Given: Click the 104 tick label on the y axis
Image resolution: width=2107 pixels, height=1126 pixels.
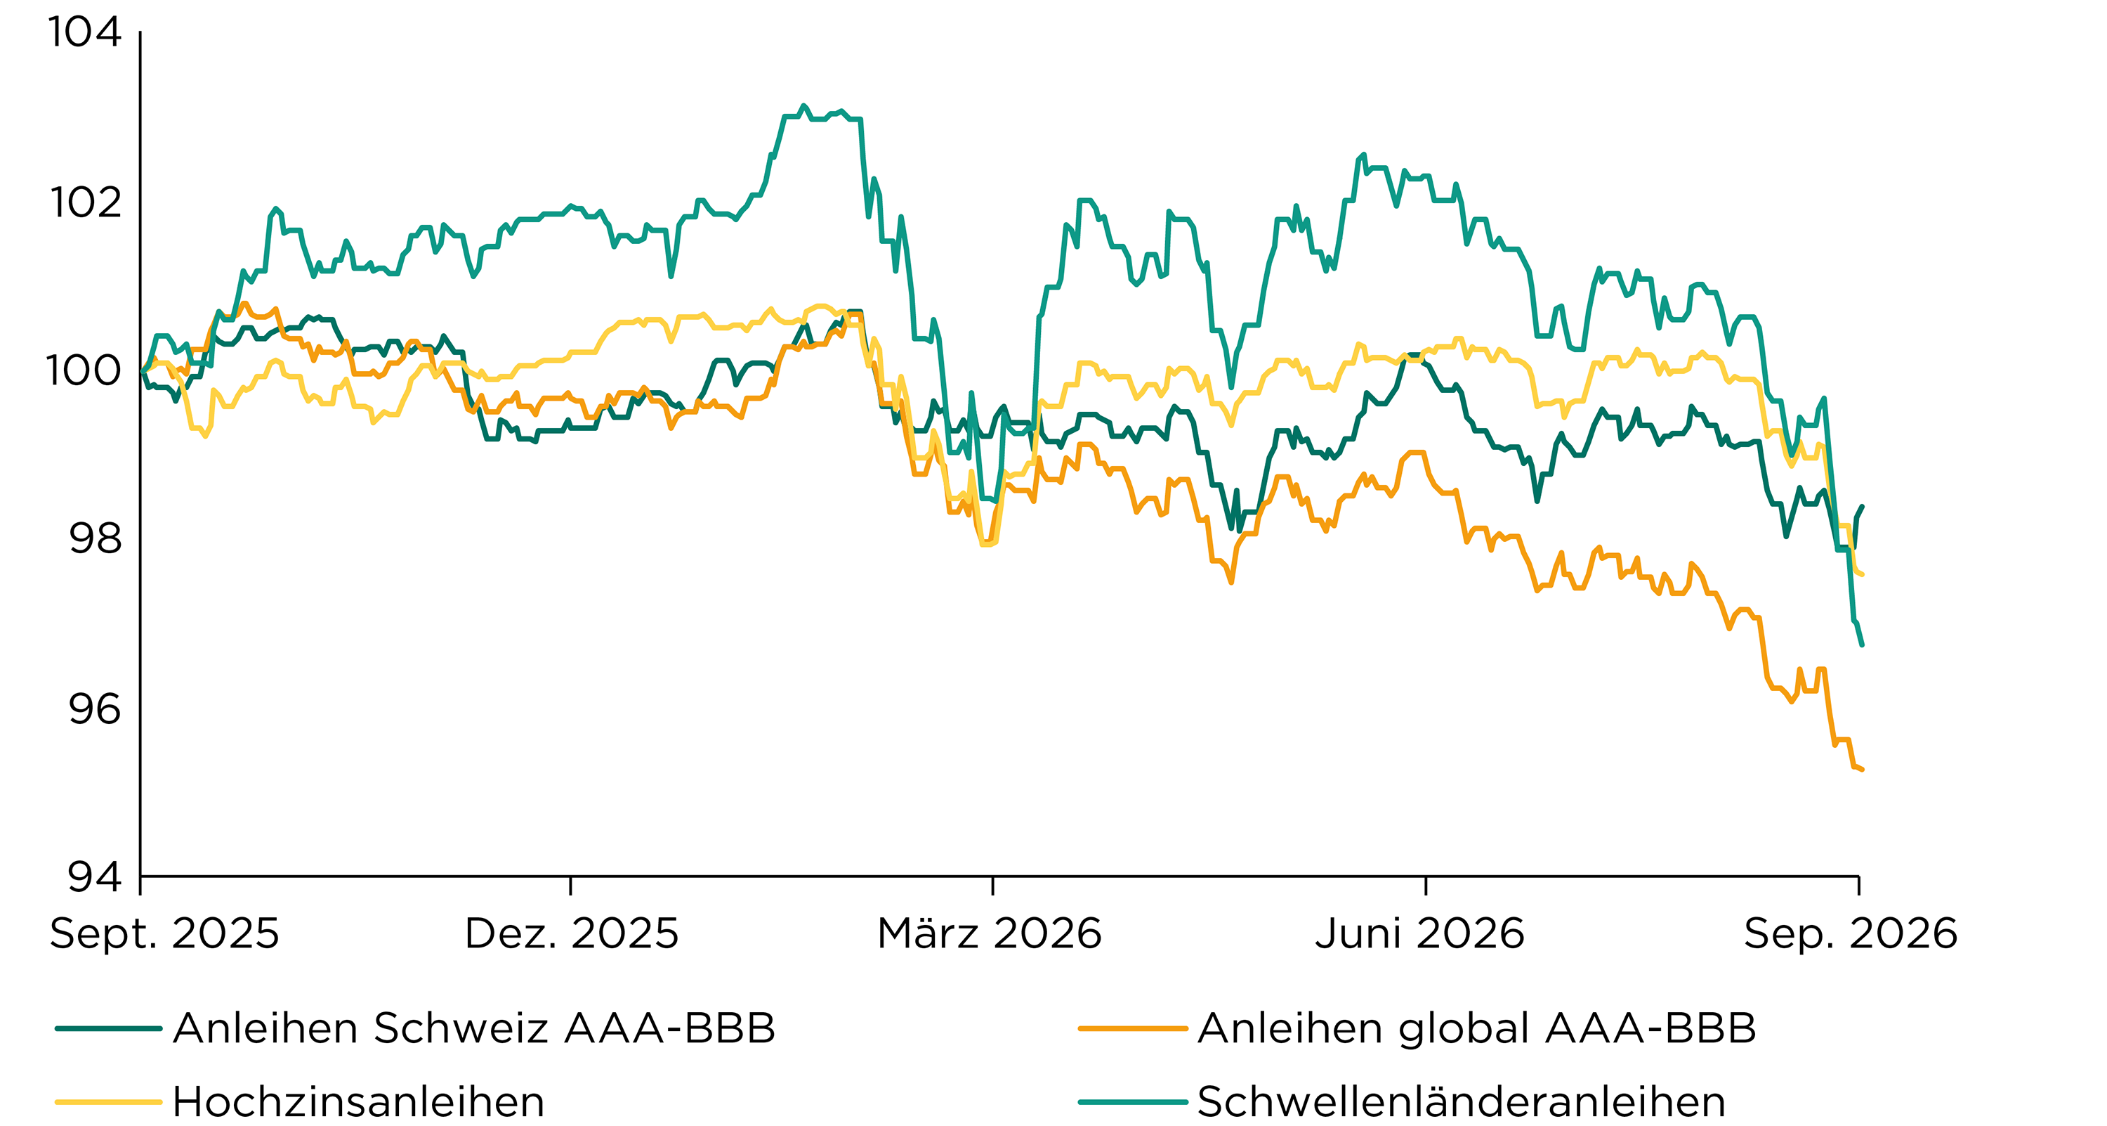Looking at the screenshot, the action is [85, 33].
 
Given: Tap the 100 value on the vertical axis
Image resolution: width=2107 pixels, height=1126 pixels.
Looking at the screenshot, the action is [84, 370].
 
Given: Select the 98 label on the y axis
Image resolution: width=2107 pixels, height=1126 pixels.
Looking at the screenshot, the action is [95, 538].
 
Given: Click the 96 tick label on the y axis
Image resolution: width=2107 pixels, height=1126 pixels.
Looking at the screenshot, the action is [95, 708].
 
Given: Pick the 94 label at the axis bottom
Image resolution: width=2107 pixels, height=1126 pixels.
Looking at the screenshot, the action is [95, 876].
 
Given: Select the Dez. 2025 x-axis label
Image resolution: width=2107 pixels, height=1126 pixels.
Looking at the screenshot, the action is [572, 933].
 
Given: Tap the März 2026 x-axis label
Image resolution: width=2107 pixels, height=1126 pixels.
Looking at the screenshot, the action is [990, 933].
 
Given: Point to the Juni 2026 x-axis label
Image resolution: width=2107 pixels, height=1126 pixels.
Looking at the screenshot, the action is [1420, 933].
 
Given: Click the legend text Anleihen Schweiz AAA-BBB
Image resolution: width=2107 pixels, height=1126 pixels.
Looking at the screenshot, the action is [474, 1028].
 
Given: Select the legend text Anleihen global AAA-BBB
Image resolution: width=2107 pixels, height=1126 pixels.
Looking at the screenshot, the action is [1477, 1028].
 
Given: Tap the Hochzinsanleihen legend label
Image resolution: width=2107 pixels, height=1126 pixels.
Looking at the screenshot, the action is [359, 1102].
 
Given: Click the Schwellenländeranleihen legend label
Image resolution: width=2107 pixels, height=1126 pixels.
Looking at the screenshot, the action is [1462, 1102].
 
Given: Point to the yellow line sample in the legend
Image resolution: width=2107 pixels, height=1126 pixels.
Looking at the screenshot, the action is [109, 1102].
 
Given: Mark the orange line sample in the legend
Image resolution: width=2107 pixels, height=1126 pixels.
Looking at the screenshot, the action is [1133, 1028].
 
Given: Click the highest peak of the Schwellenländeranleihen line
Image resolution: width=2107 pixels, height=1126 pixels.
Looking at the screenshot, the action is [803, 105].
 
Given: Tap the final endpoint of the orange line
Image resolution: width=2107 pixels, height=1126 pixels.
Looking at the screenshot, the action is [1863, 769].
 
